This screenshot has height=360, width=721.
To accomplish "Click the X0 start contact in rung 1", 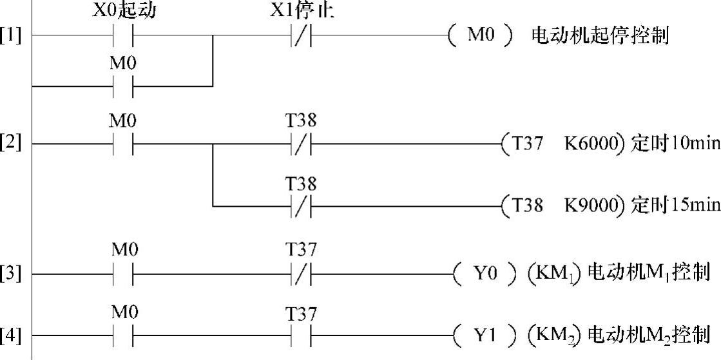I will tap(123, 36).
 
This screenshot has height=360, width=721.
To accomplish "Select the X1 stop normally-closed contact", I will tap(302, 36).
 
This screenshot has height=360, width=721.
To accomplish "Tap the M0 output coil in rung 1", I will tap(481, 36).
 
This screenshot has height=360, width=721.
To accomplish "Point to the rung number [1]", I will tap(10, 36).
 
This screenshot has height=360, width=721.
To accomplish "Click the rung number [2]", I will tap(10, 143).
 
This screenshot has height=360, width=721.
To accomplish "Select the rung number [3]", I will tap(10, 274).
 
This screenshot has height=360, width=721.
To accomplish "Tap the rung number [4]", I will tap(10, 336).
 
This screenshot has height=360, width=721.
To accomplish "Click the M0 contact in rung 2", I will tap(123, 143).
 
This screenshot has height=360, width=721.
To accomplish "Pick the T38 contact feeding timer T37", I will tap(302, 143).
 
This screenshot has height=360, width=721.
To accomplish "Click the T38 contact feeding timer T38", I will tap(302, 206).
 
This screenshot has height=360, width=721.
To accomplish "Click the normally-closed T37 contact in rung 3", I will tap(302, 274).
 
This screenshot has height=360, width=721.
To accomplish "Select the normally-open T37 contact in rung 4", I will tap(302, 336).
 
